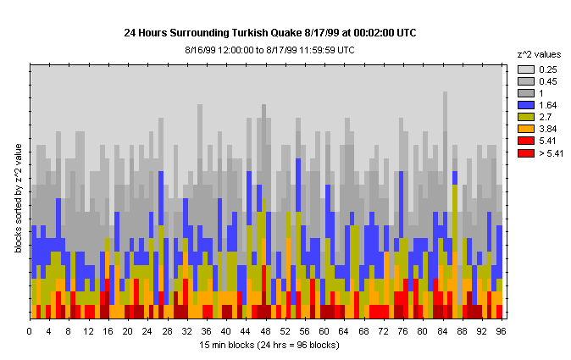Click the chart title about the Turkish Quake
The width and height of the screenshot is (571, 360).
click(270, 33)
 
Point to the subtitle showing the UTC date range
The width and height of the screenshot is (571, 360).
click(269, 50)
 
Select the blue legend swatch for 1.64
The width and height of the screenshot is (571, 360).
click(525, 104)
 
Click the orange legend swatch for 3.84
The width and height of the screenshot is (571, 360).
click(525, 128)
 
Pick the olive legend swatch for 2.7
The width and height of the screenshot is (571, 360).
click(525, 116)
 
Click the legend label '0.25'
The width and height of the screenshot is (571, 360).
click(548, 69)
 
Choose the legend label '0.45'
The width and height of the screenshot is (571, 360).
click(548, 80)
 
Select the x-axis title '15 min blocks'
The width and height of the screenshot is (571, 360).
click(268, 345)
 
